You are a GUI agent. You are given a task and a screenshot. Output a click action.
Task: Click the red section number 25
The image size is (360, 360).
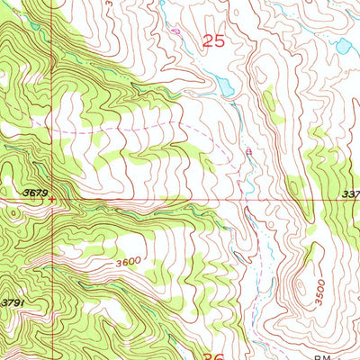tap(213, 40)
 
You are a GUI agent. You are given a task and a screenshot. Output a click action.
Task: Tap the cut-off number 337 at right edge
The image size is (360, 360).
tap(350, 192)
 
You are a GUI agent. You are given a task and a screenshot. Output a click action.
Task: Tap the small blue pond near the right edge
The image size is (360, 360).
tap(341, 44)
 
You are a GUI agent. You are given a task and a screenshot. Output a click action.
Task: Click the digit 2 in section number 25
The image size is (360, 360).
tap(207, 40)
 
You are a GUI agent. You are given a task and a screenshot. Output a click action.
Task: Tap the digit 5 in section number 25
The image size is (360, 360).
tap(220, 40)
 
